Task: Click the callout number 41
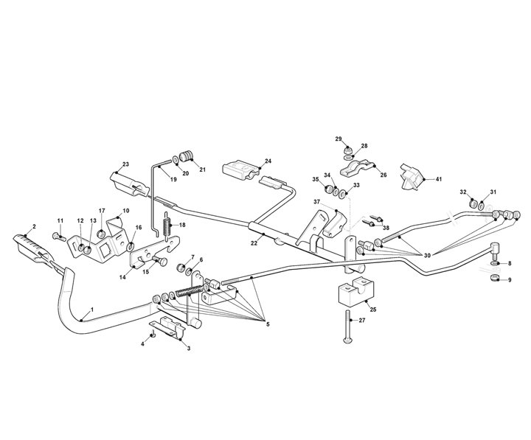[x=438, y=180]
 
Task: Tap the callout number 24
[x=268, y=160]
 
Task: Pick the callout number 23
[x=126, y=164]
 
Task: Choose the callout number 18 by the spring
[x=183, y=225]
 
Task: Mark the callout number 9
[x=509, y=280]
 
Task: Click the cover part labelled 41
[x=410, y=174]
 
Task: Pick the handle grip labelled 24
[x=240, y=170]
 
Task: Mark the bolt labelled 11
[x=58, y=236]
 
